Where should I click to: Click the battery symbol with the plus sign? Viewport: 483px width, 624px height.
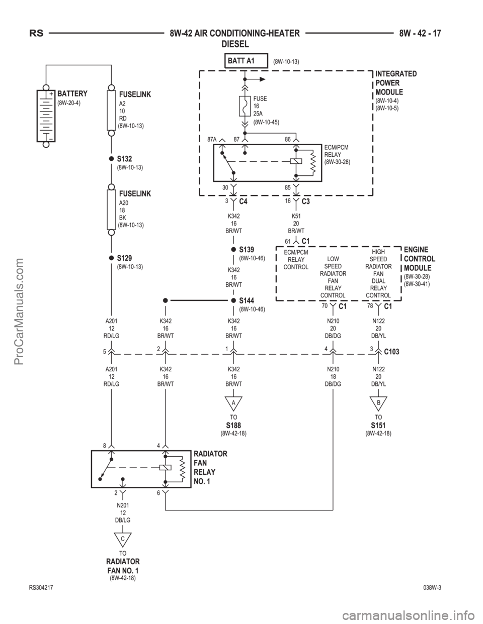tap(46, 119)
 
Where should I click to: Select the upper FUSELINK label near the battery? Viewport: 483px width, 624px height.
tap(134, 94)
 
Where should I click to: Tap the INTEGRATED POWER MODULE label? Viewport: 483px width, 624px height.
tap(396, 83)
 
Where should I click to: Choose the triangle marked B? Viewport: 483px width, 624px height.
tap(378, 403)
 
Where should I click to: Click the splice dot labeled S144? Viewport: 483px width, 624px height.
tap(233, 300)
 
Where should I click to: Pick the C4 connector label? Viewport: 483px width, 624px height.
tap(244, 201)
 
